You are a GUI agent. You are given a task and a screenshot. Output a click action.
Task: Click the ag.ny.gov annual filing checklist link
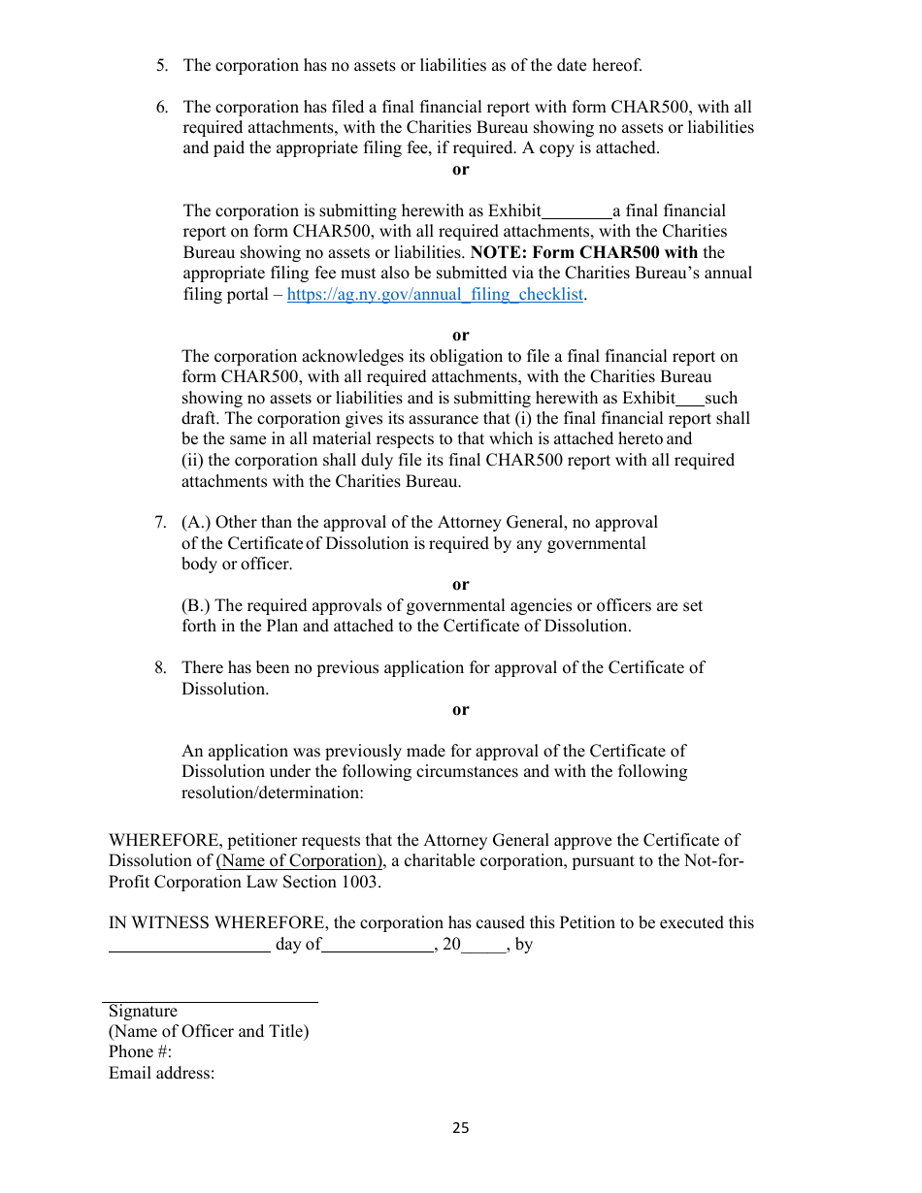point(436,295)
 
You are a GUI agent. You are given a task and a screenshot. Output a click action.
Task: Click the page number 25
point(460,1128)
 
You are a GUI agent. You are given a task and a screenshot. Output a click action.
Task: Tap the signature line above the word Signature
point(211,1001)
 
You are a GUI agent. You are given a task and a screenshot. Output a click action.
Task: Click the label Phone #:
point(140,1052)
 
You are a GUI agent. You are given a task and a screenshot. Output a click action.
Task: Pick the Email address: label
point(161,1074)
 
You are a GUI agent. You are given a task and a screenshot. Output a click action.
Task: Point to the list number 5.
point(161,66)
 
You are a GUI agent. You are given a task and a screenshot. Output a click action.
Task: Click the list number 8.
point(160,668)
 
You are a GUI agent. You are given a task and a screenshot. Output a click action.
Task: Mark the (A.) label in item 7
point(196,523)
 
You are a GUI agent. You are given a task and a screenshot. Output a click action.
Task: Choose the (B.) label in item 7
point(196,606)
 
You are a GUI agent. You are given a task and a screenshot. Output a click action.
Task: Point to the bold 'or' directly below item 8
point(460,710)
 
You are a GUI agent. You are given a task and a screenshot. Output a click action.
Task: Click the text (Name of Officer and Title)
point(209,1032)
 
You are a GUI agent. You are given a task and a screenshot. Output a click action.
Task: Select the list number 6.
point(161,108)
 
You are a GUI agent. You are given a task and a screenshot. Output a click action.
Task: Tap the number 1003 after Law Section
point(359,883)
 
